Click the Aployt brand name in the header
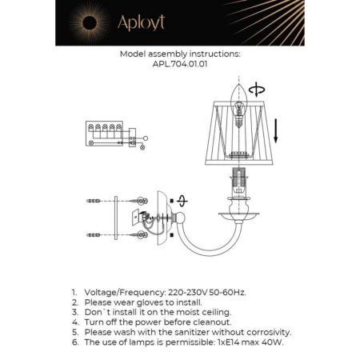point(141,22)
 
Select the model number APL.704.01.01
point(180,66)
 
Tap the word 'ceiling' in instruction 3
point(214,312)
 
